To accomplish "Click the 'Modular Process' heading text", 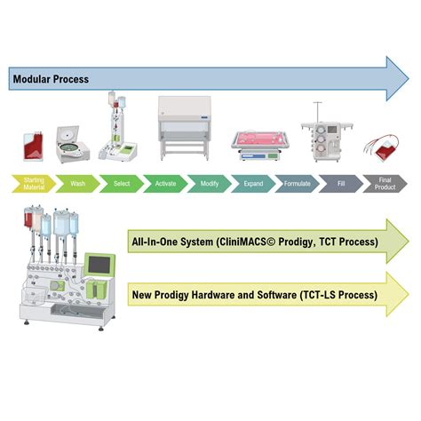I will pos(51,79).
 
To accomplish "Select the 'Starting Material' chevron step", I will pos(31,183).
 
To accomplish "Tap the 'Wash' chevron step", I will pos(76,183).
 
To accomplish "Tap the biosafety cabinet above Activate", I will pos(188,124).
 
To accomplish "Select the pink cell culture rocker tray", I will pos(260,140).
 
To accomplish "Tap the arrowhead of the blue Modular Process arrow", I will pos(393,78).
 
